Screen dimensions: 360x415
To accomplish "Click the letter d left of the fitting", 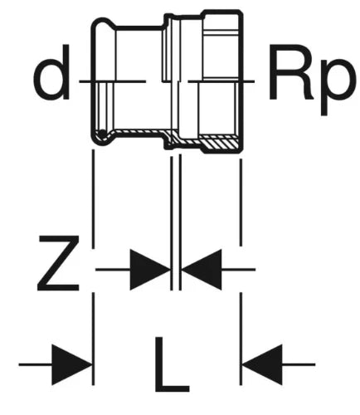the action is (x=51, y=71).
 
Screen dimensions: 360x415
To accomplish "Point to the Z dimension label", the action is (x=58, y=263).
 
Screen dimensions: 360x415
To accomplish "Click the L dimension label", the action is (x=172, y=364).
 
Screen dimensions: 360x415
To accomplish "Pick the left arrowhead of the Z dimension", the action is (x=150, y=270).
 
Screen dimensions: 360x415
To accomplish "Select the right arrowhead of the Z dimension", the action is (x=202, y=270).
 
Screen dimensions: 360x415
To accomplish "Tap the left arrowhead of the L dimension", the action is (x=71, y=364).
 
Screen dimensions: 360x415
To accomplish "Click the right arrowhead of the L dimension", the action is (x=262, y=364).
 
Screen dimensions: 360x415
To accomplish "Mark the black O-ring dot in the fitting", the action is (x=102, y=134).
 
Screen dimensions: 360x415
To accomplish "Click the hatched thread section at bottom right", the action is (x=218, y=143).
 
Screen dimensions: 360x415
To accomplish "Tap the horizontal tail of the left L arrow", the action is (x=36, y=364).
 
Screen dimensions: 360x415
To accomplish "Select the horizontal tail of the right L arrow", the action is (x=299, y=364).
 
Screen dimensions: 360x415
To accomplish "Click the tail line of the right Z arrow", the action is (x=238, y=269).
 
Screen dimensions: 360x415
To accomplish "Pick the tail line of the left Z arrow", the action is (x=113, y=269).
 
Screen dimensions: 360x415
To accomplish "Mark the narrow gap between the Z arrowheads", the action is (x=176, y=270).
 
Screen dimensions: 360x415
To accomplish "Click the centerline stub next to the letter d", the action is (x=112, y=81).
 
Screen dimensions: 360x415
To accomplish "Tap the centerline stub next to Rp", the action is (x=221, y=81).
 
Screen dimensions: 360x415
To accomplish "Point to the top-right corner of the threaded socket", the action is (x=241, y=12).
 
